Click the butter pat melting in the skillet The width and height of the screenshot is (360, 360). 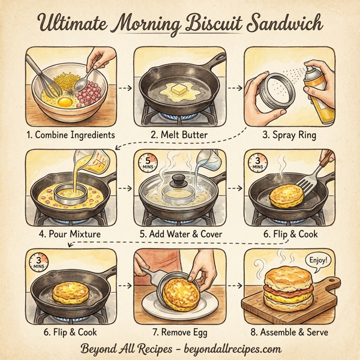[x=178, y=89]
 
